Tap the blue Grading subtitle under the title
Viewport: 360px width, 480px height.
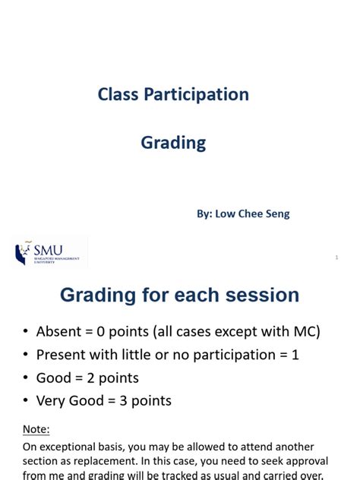[173, 143]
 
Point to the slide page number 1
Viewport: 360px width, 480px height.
[336, 257]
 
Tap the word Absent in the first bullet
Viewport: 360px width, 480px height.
[60, 332]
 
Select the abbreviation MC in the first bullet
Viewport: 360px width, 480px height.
[301, 332]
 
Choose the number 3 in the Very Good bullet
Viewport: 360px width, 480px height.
[123, 400]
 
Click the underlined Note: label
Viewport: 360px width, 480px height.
[36, 429]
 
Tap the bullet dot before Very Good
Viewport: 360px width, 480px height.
[27, 401]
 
